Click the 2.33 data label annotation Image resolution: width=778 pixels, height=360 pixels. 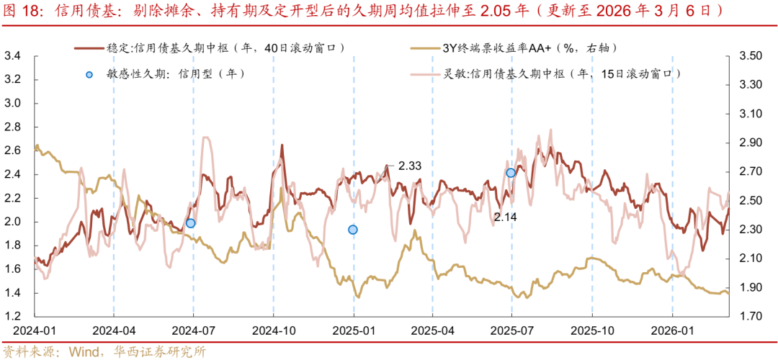(409, 166)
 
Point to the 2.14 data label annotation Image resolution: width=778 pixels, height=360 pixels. (505, 216)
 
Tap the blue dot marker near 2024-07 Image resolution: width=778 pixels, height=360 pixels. (190, 223)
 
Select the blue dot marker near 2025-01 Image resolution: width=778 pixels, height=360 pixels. (353, 230)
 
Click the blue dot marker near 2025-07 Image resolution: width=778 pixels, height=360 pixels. (511, 173)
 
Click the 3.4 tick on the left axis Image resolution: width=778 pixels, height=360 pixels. (12, 56)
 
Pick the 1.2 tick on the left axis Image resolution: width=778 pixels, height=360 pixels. (12, 317)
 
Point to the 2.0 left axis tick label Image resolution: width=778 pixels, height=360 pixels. (12, 222)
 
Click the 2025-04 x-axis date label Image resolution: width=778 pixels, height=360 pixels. (432, 332)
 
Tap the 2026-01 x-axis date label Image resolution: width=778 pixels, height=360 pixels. (671, 332)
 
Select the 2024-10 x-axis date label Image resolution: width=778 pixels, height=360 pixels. (273, 332)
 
